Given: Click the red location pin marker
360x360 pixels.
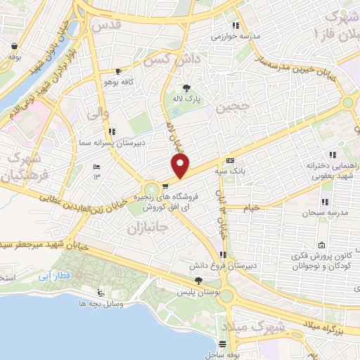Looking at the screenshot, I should pos(181,167).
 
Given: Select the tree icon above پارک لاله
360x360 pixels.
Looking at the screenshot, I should pos(186,88).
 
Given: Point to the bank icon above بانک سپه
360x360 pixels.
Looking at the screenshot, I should pos(229,160).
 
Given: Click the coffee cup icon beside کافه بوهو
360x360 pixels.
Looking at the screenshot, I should pos(119,72).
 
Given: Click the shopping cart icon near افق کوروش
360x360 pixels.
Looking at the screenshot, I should pos(165,187).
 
